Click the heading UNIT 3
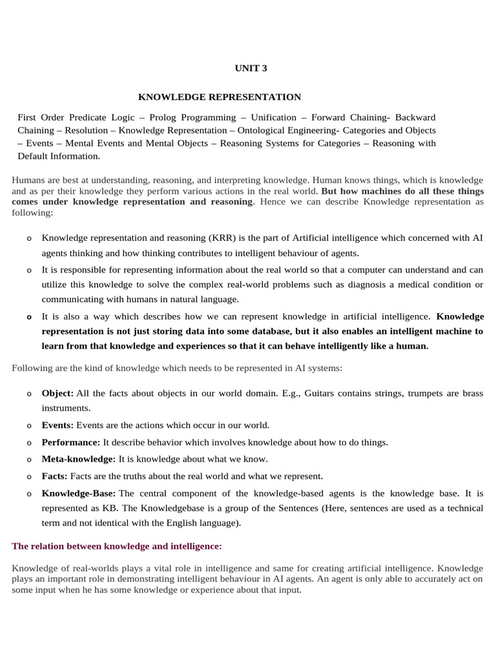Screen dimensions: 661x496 click(x=249, y=68)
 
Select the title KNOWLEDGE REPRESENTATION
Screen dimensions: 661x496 click(x=220, y=97)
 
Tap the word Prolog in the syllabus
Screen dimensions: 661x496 click(x=175, y=117)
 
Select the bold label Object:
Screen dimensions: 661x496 click(x=58, y=393)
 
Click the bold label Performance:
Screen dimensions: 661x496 click(x=71, y=442)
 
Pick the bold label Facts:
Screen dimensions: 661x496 click(x=55, y=476)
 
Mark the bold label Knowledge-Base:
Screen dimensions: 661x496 click(x=79, y=493)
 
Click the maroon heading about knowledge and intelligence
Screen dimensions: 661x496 click(x=117, y=546)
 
